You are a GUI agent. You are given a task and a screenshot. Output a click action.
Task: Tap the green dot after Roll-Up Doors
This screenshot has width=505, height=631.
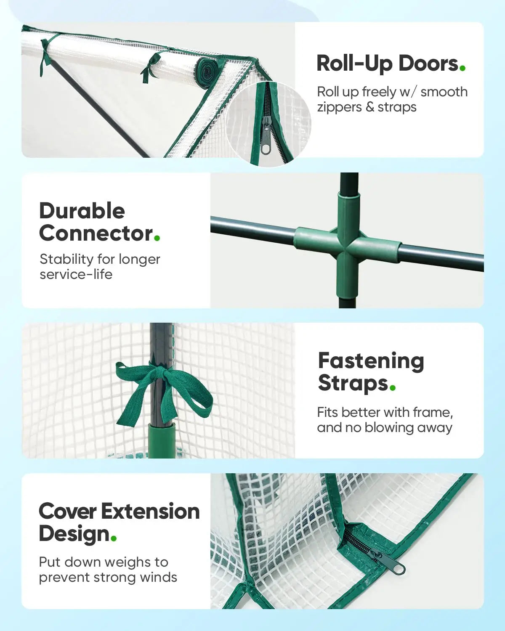(463, 68)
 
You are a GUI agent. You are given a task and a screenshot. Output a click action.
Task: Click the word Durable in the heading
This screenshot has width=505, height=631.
(82, 211)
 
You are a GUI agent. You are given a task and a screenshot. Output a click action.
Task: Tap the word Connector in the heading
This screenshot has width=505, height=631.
(96, 234)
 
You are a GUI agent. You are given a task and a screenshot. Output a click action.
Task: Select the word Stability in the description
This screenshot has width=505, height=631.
(66, 260)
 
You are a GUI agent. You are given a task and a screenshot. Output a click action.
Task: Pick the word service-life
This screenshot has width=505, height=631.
(76, 274)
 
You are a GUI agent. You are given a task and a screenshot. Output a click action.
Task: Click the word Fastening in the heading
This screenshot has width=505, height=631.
(371, 361)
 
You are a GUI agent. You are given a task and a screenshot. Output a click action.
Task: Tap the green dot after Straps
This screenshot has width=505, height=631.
(393, 387)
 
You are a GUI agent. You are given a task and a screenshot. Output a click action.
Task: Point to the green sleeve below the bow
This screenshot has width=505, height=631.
(162, 440)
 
